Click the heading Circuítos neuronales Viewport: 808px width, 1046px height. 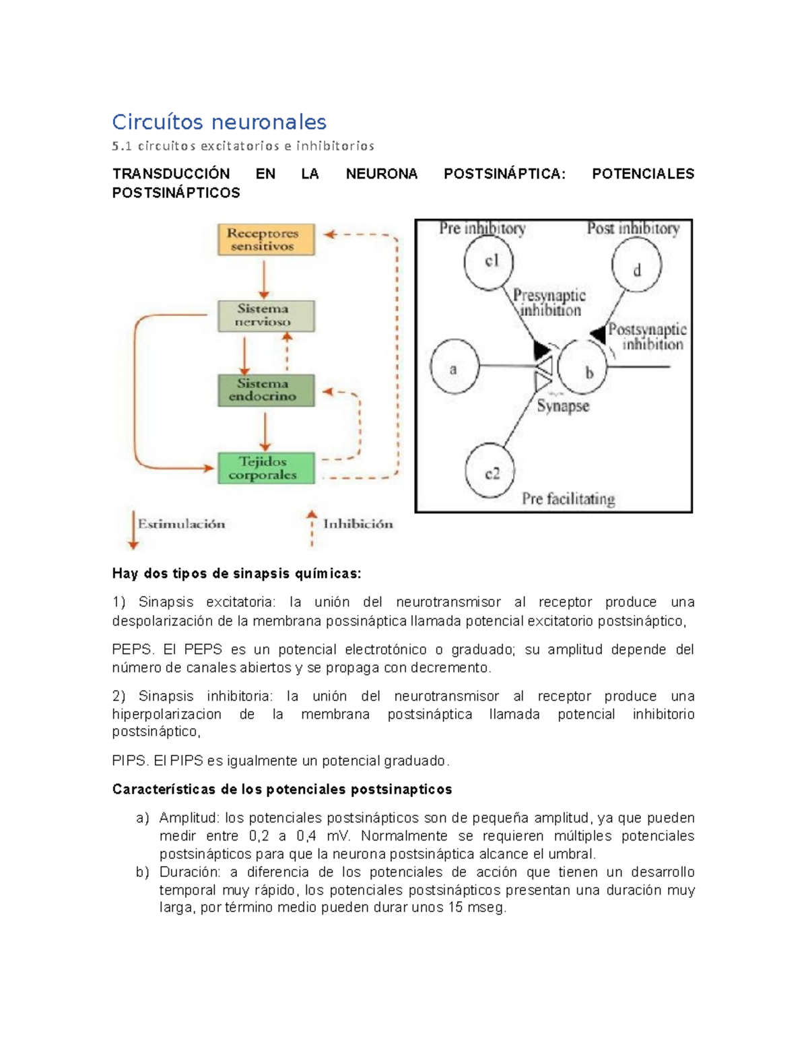(219, 122)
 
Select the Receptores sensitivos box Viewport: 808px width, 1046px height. (266, 240)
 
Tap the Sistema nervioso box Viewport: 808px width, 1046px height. (266, 315)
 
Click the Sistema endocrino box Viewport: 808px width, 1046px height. (266, 390)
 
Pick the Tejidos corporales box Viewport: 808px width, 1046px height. (266, 468)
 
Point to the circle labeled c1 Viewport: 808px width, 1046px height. (490, 262)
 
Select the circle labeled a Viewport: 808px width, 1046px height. (454, 367)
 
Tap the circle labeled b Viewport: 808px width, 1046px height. (583, 368)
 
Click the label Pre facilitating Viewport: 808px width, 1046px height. (568, 499)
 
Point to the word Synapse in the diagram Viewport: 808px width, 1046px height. (563, 406)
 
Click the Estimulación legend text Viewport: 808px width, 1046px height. (181, 524)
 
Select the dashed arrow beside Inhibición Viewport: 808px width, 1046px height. (311, 529)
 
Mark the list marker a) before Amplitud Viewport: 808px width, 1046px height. (143, 818)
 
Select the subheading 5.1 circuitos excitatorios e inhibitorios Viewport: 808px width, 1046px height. (243, 146)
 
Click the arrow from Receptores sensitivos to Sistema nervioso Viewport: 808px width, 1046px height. (264, 279)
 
